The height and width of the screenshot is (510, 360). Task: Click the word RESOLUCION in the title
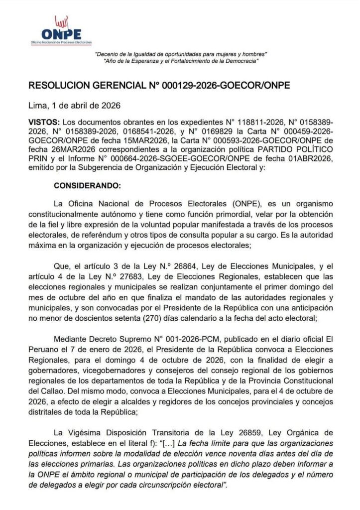tap(60, 85)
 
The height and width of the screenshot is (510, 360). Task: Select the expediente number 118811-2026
tap(255, 122)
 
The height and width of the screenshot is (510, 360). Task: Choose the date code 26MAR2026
tap(72, 150)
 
